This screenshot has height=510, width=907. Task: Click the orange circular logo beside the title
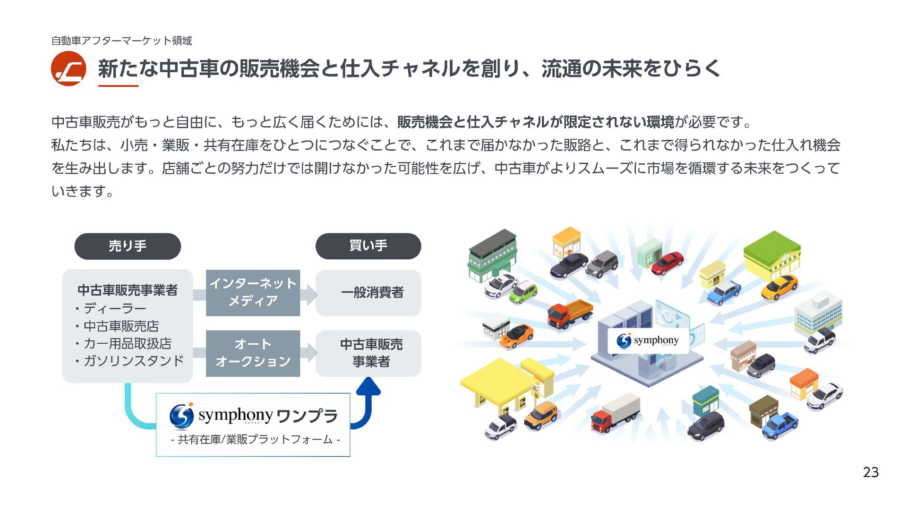click(68, 68)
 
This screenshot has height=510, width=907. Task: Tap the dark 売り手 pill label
click(128, 246)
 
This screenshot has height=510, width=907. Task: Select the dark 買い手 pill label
click(368, 246)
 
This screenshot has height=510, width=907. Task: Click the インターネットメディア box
click(253, 292)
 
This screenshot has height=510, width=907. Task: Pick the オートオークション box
click(253, 353)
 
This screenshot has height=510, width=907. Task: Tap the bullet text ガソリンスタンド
click(134, 361)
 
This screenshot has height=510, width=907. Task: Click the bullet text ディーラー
click(115, 309)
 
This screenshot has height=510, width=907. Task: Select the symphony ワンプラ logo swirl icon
click(181, 416)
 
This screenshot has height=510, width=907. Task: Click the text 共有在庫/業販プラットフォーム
click(255, 440)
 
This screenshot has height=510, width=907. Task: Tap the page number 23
click(871, 472)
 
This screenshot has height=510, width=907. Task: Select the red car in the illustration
click(667, 263)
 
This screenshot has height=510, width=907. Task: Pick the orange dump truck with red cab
click(569, 313)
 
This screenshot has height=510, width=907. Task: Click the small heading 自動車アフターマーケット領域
click(121, 41)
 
